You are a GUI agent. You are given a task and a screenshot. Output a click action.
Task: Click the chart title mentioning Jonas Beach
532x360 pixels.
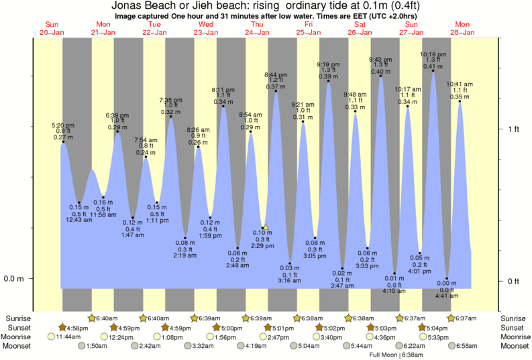(266, 6)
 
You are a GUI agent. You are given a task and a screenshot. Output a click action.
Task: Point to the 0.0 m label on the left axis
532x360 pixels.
(14, 278)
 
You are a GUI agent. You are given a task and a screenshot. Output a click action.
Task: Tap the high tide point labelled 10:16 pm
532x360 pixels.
(433, 71)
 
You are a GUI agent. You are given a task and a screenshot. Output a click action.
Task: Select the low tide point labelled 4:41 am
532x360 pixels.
(447, 278)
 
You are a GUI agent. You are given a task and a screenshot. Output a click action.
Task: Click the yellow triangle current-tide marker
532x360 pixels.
(266, 228)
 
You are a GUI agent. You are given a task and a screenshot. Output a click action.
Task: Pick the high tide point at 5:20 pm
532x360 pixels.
(63, 141)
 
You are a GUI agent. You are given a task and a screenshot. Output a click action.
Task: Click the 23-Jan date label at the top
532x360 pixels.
(206, 32)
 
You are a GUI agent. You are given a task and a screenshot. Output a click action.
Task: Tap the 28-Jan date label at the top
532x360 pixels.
(463, 32)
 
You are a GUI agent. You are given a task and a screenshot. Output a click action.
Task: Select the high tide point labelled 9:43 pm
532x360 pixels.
(381, 76)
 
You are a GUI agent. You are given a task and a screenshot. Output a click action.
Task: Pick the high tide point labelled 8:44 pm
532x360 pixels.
(276, 91)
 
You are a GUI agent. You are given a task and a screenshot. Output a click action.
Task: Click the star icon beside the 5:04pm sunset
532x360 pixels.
(422, 327)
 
